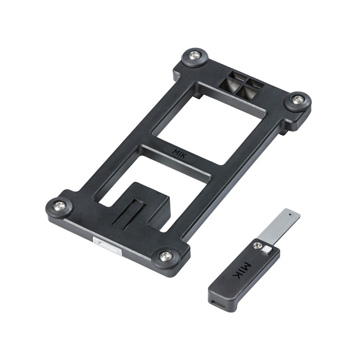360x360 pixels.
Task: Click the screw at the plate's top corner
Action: coord(195,54)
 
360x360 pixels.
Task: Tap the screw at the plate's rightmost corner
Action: coord(298,99)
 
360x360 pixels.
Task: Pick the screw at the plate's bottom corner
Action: coord(166,255)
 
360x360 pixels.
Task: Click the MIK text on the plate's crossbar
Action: coord(180,153)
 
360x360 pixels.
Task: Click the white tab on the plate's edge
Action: coord(107,246)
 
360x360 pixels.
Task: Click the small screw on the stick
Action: coord(256,246)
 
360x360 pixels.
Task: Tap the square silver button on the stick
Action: coord(267,250)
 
